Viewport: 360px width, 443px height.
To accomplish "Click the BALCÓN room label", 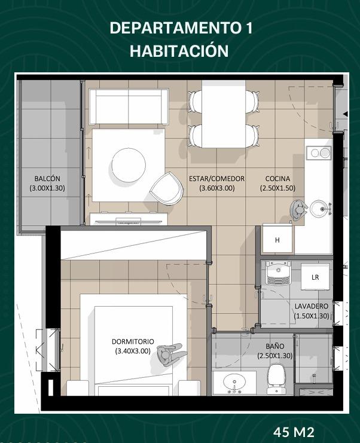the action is click(x=47, y=179).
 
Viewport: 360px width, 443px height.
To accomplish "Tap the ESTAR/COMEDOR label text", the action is click(x=216, y=179).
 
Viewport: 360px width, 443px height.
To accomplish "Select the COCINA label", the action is click(x=277, y=179).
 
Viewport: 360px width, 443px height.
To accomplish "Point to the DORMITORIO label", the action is click(x=133, y=341).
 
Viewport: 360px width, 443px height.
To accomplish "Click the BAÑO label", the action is click(x=274, y=346).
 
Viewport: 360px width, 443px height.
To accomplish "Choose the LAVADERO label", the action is click(x=312, y=306).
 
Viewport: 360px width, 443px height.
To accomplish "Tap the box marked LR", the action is click(x=315, y=277).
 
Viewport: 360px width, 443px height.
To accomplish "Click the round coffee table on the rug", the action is click(x=129, y=164).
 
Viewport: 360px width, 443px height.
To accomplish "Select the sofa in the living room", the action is click(x=129, y=106).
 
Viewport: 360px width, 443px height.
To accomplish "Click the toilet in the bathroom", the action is click(x=276, y=379).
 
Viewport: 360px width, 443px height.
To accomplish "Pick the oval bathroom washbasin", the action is click(x=234, y=383).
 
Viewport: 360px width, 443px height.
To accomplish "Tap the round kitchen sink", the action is click(x=320, y=209).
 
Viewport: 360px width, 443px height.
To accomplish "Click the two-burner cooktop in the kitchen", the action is click(x=319, y=153).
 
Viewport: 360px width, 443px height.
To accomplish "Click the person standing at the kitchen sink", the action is click(x=298, y=210).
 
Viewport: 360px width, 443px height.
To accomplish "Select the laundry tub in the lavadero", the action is click(x=278, y=273).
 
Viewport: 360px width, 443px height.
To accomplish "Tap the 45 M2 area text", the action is click(x=294, y=432).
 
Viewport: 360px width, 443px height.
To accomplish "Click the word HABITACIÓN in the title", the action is click(x=179, y=51).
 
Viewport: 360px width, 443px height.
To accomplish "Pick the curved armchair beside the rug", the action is click(x=166, y=187).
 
